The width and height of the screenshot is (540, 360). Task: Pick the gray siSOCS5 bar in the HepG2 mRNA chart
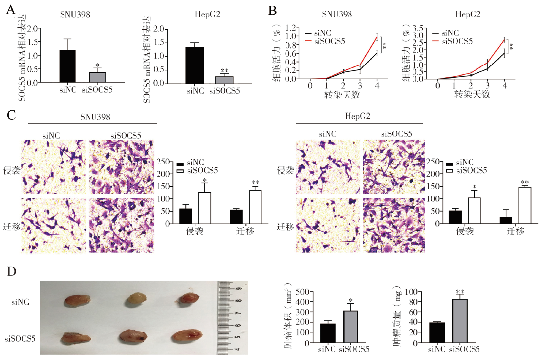pyautogui.click(x=224, y=80)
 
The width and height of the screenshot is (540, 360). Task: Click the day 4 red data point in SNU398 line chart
pyautogui.click(x=377, y=37)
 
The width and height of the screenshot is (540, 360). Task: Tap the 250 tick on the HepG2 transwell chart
pyautogui.click(x=432, y=161)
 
